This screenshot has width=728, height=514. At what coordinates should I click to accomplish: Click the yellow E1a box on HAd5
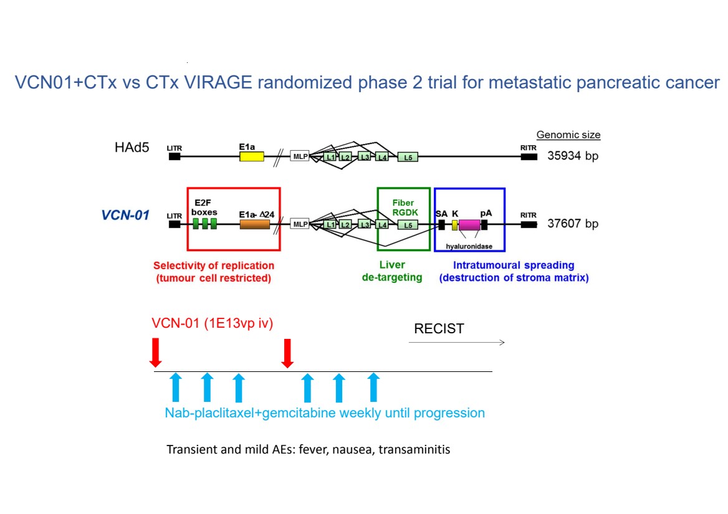click(x=252, y=156)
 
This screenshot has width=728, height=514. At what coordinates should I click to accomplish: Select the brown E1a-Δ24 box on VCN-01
click(x=254, y=224)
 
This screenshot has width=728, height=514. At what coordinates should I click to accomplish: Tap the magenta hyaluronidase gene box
click(x=469, y=224)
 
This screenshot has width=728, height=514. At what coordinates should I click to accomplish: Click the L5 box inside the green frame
click(x=408, y=224)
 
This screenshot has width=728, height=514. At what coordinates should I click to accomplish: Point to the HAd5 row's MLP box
click(x=300, y=156)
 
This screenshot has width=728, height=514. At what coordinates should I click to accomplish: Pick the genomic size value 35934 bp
click(x=573, y=156)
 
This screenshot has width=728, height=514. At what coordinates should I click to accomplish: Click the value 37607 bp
click(x=573, y=224)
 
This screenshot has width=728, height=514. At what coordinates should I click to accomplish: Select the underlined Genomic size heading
click(x=568, y=135)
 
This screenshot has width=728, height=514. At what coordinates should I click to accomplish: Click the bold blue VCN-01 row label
click(x=125, y=215)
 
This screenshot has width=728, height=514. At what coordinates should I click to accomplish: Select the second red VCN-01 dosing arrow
click(x=287, y=353)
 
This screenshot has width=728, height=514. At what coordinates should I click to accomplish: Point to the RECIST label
click(x=439, y=329)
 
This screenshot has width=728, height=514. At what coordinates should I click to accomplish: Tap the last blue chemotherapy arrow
click(x=373, y=387)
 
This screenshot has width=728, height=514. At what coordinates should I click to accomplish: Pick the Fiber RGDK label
click(x=403, y=207)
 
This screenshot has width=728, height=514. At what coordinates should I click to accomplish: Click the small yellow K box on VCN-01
click(x=455, y=224)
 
